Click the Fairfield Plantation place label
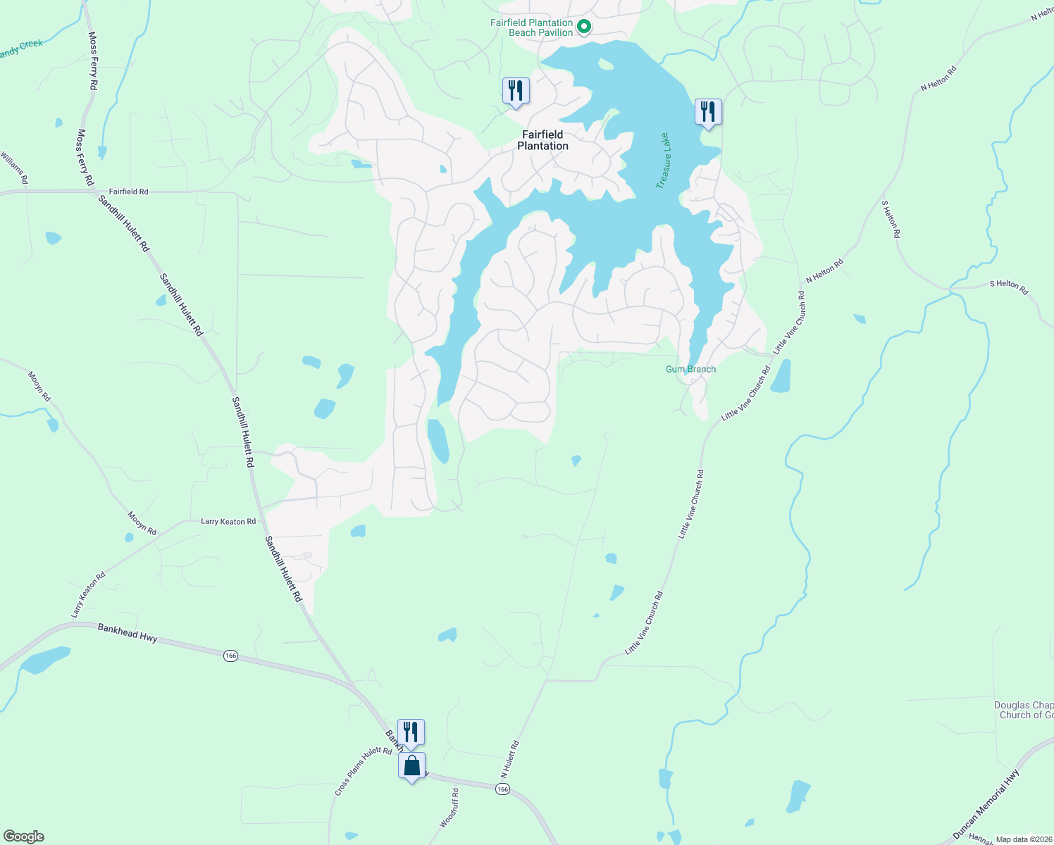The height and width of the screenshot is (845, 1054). (x=542, y=140)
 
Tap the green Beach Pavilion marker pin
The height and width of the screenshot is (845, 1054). (x=583, y=27)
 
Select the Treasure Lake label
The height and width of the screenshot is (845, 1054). (x=664, y=161)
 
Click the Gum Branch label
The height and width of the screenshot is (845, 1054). (x=690, y=369)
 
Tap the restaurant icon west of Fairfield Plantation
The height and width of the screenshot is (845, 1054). (x=516, y=91)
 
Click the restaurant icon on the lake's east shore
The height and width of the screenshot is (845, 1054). (x=708, y=112)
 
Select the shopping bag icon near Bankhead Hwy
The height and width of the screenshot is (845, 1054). (x=411, y=765)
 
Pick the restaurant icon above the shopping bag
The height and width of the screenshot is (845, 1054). (x=411, y=732)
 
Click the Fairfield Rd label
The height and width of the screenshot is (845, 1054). (x=128, y=192)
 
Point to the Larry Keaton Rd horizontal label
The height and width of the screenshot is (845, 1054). (x=228, y=522)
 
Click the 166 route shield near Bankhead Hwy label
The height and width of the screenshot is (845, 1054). (x=230, y=656)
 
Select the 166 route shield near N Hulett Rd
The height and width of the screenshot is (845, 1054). (x=502, y=789)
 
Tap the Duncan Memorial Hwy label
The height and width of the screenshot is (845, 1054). (x=986, y=804)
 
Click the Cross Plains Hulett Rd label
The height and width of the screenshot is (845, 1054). (x=363, y=772)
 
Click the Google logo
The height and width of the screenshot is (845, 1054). (x=24, y=837)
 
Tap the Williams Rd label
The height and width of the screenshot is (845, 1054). (x=15, y=168)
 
